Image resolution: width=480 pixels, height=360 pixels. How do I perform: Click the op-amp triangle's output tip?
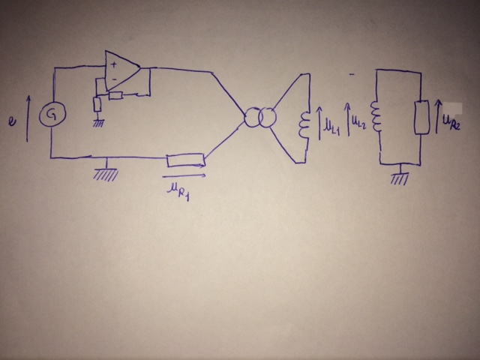coord(142,70)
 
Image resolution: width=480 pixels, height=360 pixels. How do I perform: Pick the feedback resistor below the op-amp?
coord(116,94)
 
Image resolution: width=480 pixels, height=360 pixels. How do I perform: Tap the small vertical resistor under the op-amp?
coord(97,103)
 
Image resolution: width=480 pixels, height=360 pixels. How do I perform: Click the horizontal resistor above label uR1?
coord(185,159)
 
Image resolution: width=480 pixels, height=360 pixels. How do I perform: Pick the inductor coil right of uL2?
coord(377,121)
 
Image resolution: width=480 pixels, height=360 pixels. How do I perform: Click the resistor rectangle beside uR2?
coord(421,118)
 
